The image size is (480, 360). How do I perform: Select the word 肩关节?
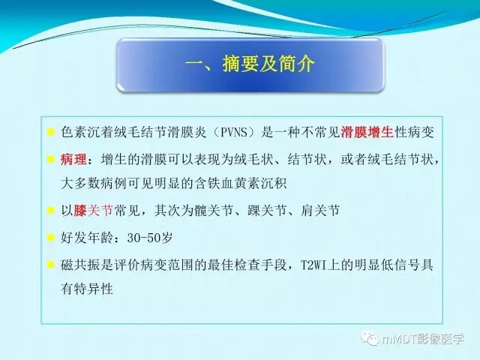(320, 211)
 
